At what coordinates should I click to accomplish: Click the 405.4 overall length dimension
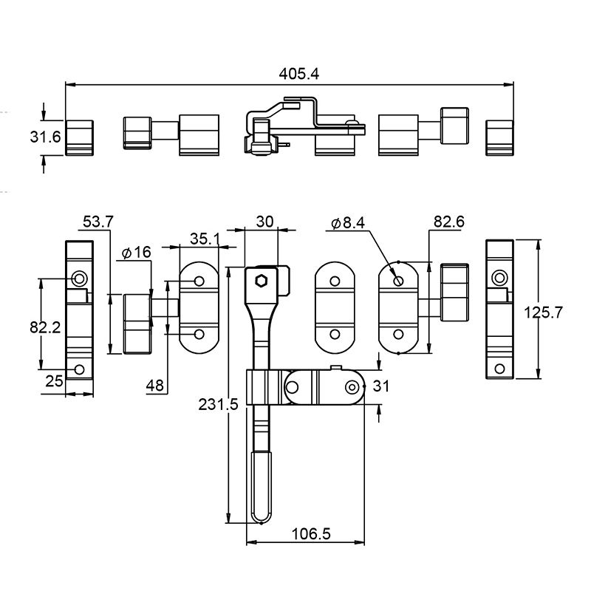pos(299,74)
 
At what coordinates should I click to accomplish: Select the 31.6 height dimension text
pos(45,137)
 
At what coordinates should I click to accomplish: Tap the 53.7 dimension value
pos(98,222)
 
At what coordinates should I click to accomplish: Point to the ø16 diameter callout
pos(137,252)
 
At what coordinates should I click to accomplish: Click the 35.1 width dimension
pos(205,239)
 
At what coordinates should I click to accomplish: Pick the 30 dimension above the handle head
pos(264,222)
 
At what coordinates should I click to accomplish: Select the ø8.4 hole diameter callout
pos(348,223)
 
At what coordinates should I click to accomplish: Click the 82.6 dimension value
pos(449,222)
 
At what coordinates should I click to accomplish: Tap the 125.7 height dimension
pos(543,312)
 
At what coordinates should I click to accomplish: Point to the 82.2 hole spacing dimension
pos(45,327)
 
